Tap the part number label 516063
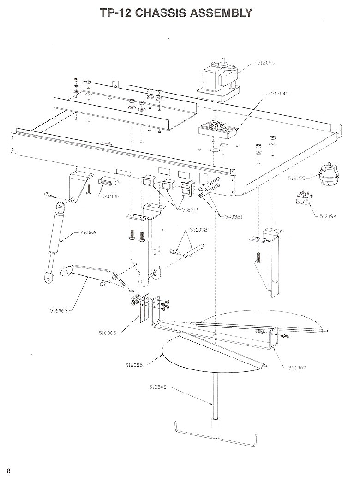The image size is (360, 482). [58, 310]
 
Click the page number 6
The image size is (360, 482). [8, 470]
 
